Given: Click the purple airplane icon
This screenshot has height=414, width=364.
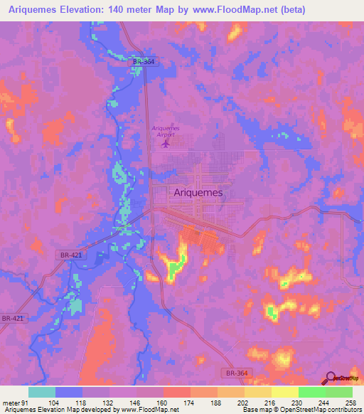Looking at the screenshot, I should tap(166, 144).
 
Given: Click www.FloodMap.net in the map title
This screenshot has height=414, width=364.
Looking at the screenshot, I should tap(264, 9).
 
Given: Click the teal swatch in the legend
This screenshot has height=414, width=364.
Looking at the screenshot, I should tap(42, 392).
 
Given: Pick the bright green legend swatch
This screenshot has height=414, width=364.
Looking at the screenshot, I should tap(312, 392).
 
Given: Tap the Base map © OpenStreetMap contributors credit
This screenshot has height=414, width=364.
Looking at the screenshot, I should tap(301, 410).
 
